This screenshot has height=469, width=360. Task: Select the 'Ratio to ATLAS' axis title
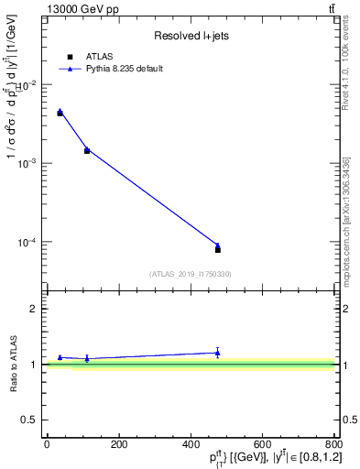[14, 364]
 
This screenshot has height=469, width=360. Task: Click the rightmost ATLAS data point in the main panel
[218, 249]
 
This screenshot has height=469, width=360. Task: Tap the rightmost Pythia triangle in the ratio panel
[217, 352]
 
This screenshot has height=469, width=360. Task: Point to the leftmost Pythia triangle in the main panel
[60, 111]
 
